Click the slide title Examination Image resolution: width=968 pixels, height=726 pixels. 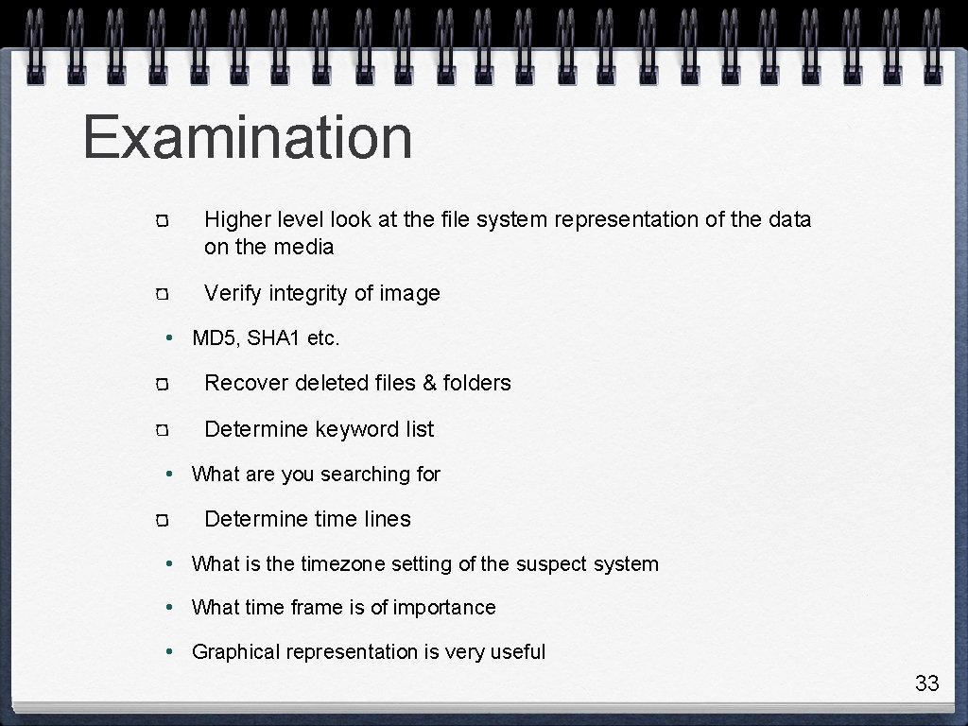coord(248,137)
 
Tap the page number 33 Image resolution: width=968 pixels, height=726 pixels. coord(926,683)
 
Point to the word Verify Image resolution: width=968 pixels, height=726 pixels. coord(233,293)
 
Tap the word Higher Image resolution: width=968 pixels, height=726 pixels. coord(237,219)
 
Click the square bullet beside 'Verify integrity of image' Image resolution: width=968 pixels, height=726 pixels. coord(162,295)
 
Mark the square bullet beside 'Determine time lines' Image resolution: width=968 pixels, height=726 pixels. coord(162,521)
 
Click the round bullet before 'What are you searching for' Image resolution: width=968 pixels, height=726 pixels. coord(167,475)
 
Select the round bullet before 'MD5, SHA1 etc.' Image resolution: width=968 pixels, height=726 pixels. coord(167,338)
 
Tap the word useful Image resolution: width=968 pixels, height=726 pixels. coord(518,652)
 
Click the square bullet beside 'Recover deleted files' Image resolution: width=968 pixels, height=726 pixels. coord(162,385)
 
